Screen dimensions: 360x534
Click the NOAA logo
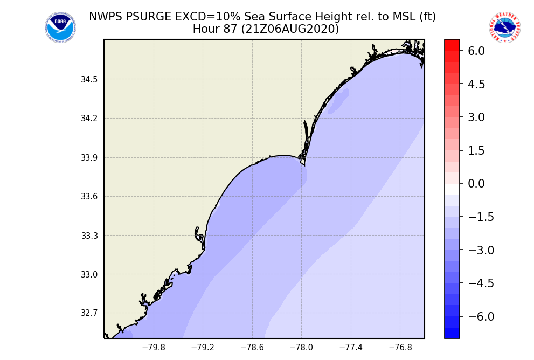click(60, 28)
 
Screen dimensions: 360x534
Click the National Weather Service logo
click(505, 28)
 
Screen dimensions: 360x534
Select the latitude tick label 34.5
click(89, 80)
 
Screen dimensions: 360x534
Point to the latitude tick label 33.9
click(89, 158)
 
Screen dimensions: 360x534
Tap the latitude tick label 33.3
click(89, 236)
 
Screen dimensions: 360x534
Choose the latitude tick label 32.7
click(89, 313)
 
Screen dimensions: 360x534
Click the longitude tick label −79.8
click(154, 348)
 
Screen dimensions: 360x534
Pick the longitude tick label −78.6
click(252, 348)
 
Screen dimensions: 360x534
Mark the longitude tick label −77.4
click(351, 348)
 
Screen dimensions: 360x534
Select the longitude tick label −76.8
click(400, 348)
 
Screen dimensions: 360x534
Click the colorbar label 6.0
click(476, 51)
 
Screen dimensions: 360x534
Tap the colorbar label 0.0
click(476, 184)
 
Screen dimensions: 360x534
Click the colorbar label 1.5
click(476, 150)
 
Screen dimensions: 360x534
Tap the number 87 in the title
click(230, 30)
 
